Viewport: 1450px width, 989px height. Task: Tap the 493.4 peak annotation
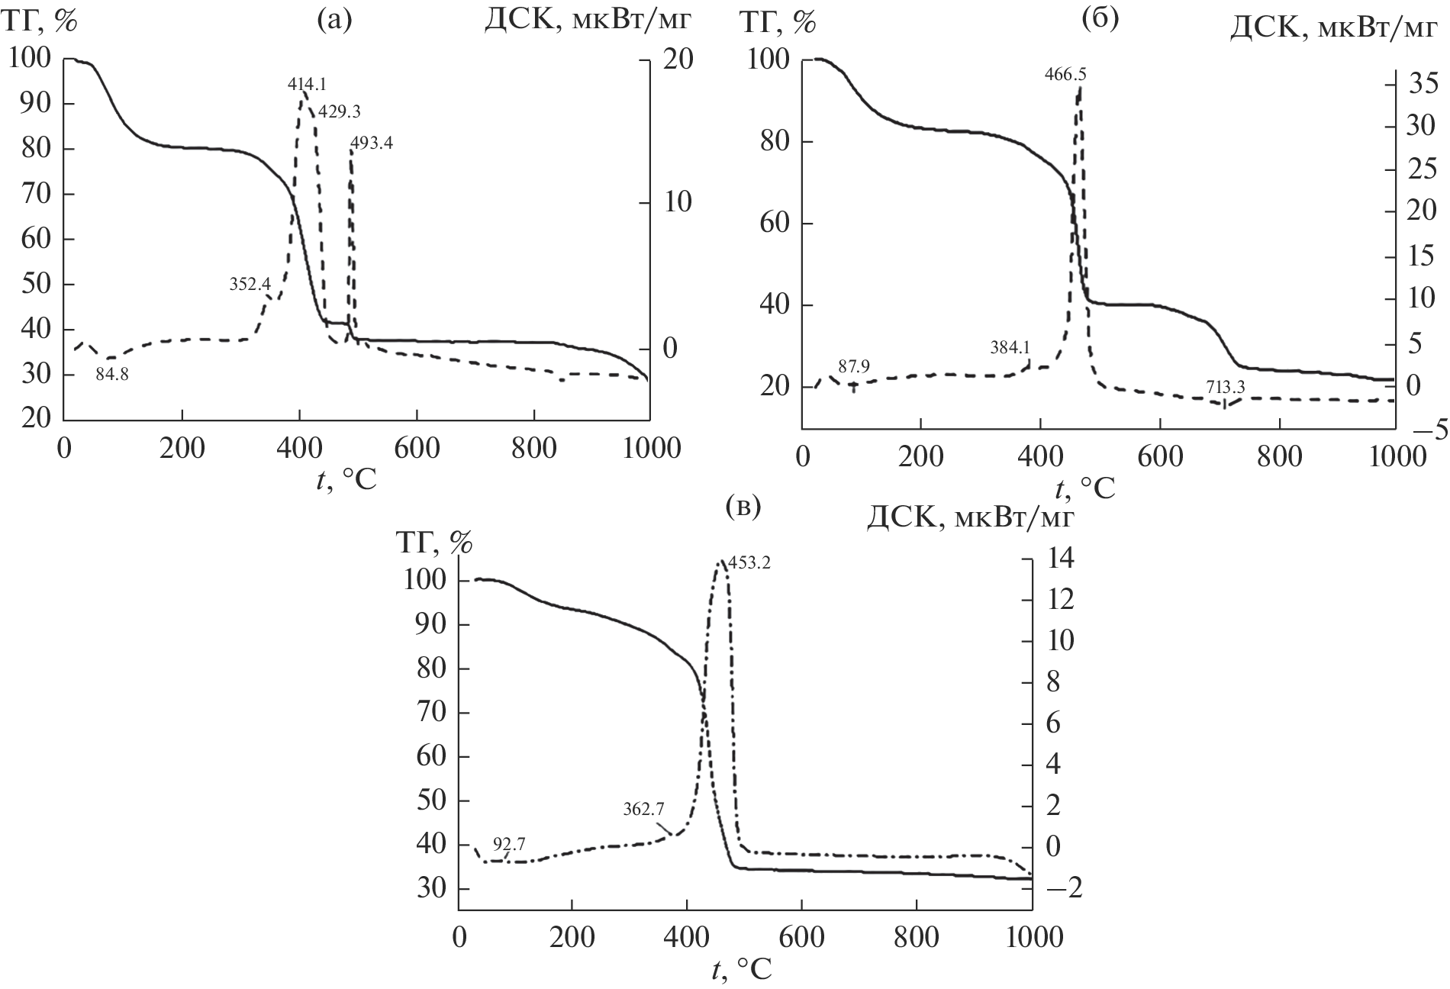tap(372, 143)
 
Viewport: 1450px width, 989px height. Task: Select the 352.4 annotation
tap(250, 285)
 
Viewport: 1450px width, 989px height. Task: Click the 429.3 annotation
tap(339, 111)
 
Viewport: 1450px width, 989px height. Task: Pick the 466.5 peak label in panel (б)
tap(1065, 74)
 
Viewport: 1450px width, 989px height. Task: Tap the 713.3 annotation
tap(1226, 388)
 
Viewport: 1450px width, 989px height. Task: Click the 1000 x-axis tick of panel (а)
tap(648, 448)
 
